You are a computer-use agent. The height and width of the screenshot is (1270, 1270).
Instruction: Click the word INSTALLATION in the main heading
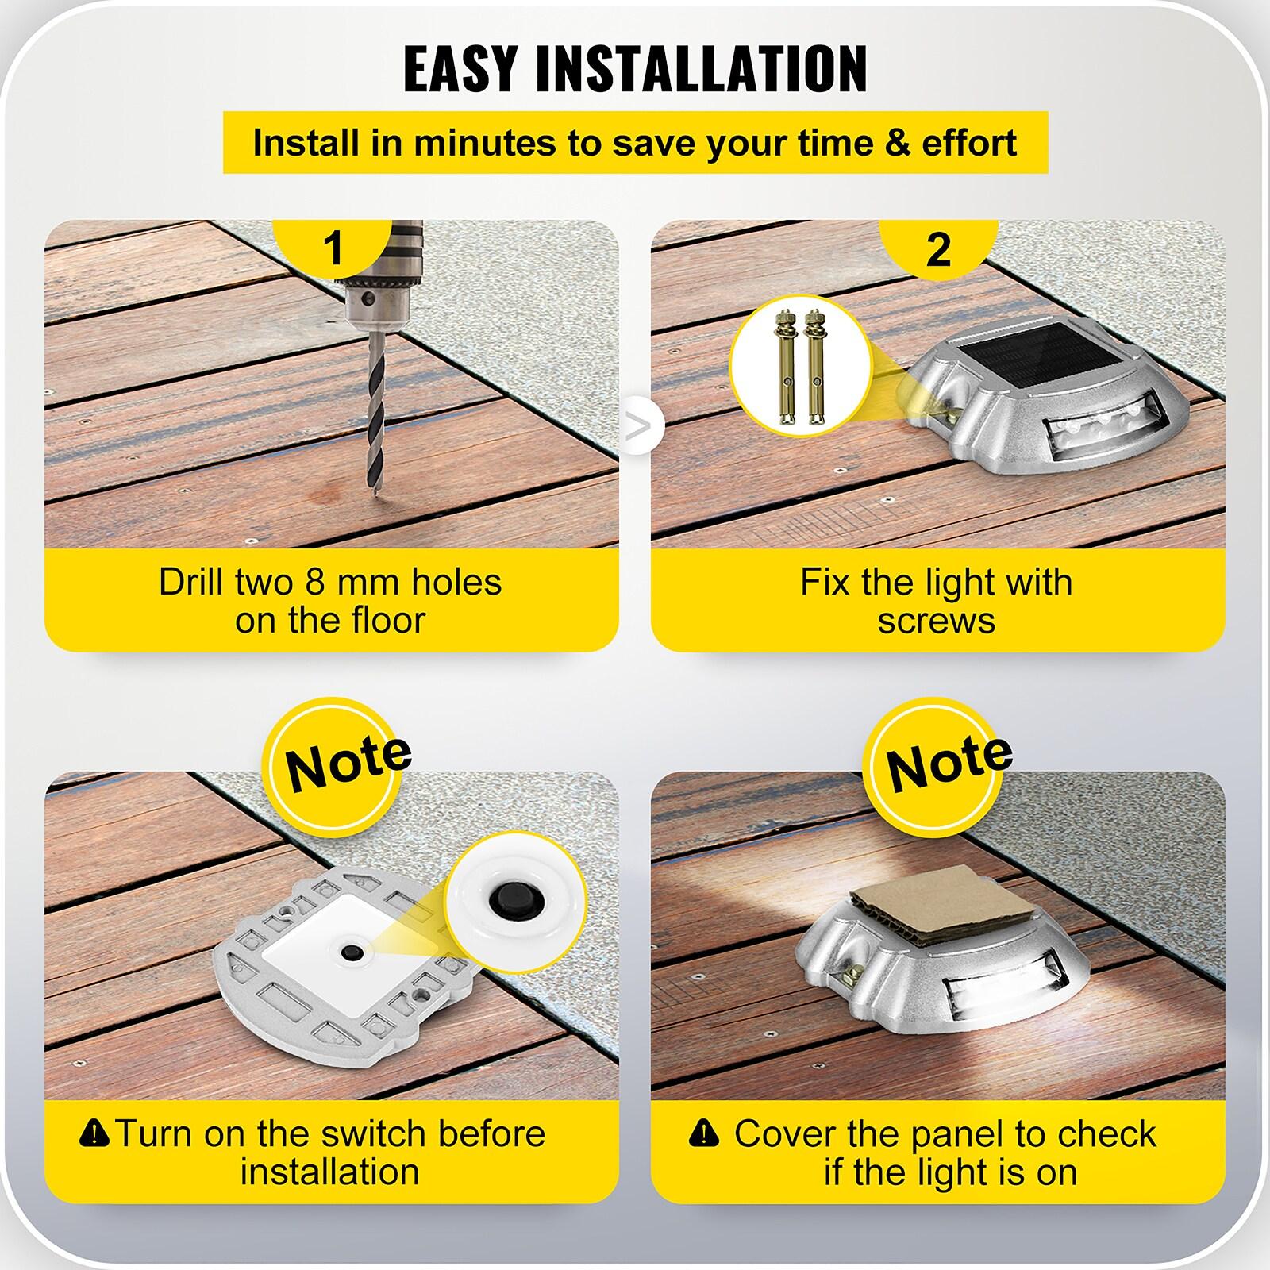point(702,70)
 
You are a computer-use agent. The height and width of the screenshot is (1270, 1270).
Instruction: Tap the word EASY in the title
point(461,70)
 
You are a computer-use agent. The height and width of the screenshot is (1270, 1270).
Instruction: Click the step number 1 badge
point(333,247)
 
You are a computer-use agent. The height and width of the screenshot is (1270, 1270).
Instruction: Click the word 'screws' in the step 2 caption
point(936,621)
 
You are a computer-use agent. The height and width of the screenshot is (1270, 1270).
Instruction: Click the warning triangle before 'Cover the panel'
point(703,1133)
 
